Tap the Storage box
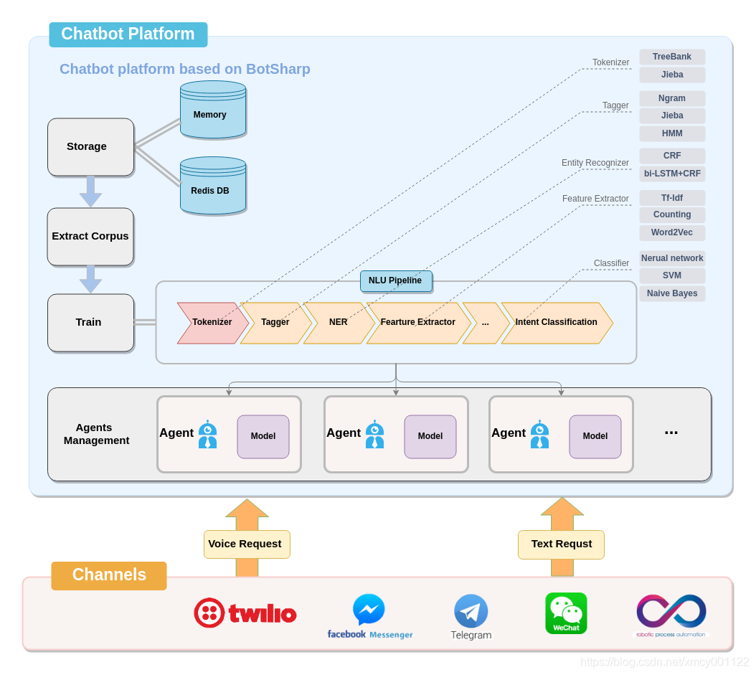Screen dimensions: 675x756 90,147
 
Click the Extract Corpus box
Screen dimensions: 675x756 90,236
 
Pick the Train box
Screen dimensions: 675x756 90,322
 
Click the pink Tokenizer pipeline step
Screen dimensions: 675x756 211,323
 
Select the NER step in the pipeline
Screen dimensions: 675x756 338,323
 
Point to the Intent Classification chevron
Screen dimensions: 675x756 557,323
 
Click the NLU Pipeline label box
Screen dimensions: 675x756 396,280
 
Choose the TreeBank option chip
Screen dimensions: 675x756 672,57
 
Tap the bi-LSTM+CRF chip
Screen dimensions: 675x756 672,174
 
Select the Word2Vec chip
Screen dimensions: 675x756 672,232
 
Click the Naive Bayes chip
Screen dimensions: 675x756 672,293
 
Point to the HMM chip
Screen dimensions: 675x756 672,133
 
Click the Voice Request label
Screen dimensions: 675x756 246,544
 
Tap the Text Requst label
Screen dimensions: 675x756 561,544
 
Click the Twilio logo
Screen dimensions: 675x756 245,613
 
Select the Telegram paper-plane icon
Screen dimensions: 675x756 471,611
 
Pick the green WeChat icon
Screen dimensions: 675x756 566,613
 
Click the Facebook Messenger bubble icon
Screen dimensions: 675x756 369,610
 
